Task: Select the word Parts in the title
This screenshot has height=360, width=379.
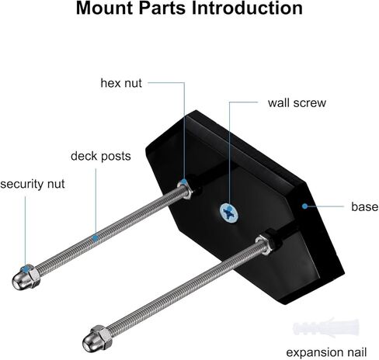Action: coord(162,8)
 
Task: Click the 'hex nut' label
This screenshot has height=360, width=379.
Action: coord(121,83)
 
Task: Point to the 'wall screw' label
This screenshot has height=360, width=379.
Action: coord(297,103)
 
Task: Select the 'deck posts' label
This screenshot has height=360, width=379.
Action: coord(101,156)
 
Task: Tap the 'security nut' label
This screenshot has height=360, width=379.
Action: coord(33,184)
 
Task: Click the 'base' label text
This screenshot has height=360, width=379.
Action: coord(365,207)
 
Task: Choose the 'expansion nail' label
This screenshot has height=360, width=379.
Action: coord(326,352)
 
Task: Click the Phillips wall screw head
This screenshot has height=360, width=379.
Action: coord(229,213)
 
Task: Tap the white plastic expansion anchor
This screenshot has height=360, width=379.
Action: coord(326,328)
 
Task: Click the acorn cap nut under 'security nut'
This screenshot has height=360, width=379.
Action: coord(26,277)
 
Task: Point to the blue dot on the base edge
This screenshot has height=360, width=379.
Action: coord(305,206)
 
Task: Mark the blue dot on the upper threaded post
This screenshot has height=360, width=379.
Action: coord(96,237)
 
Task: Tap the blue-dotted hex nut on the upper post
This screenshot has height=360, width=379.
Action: coord(186,189)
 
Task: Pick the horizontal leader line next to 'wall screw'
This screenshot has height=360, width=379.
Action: coord(244,102)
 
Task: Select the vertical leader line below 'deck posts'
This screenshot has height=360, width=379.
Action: coord(96,202)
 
